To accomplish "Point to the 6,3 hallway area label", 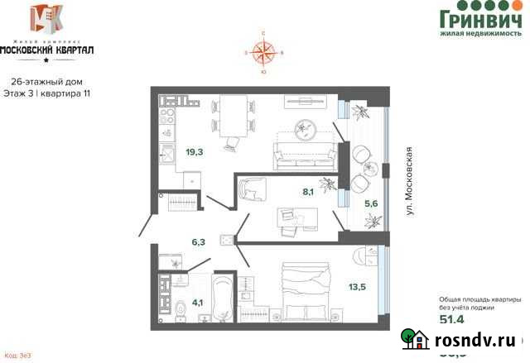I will coord(198,242).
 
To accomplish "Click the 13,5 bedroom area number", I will coord(358,288).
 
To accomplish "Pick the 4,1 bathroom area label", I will coord(198,302).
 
